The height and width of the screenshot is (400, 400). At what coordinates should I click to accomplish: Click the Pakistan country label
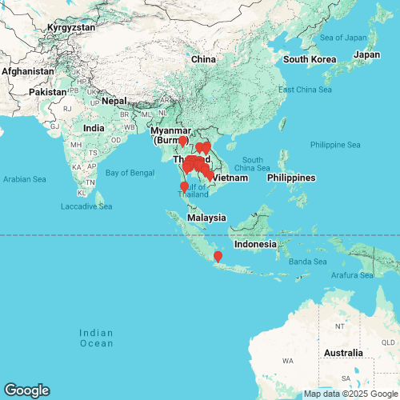pos(48,92)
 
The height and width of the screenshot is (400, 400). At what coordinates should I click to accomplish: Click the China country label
pos(204,59)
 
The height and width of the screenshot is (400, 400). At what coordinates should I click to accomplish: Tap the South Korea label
pos(307,59)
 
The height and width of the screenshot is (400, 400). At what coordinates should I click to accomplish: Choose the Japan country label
pos(367,54)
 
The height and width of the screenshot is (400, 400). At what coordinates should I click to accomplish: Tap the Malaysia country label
pos(206,218)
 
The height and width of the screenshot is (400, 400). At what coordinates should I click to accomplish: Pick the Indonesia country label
pos(255,244)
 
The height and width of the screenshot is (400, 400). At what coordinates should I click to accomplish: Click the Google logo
pos(26,390)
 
